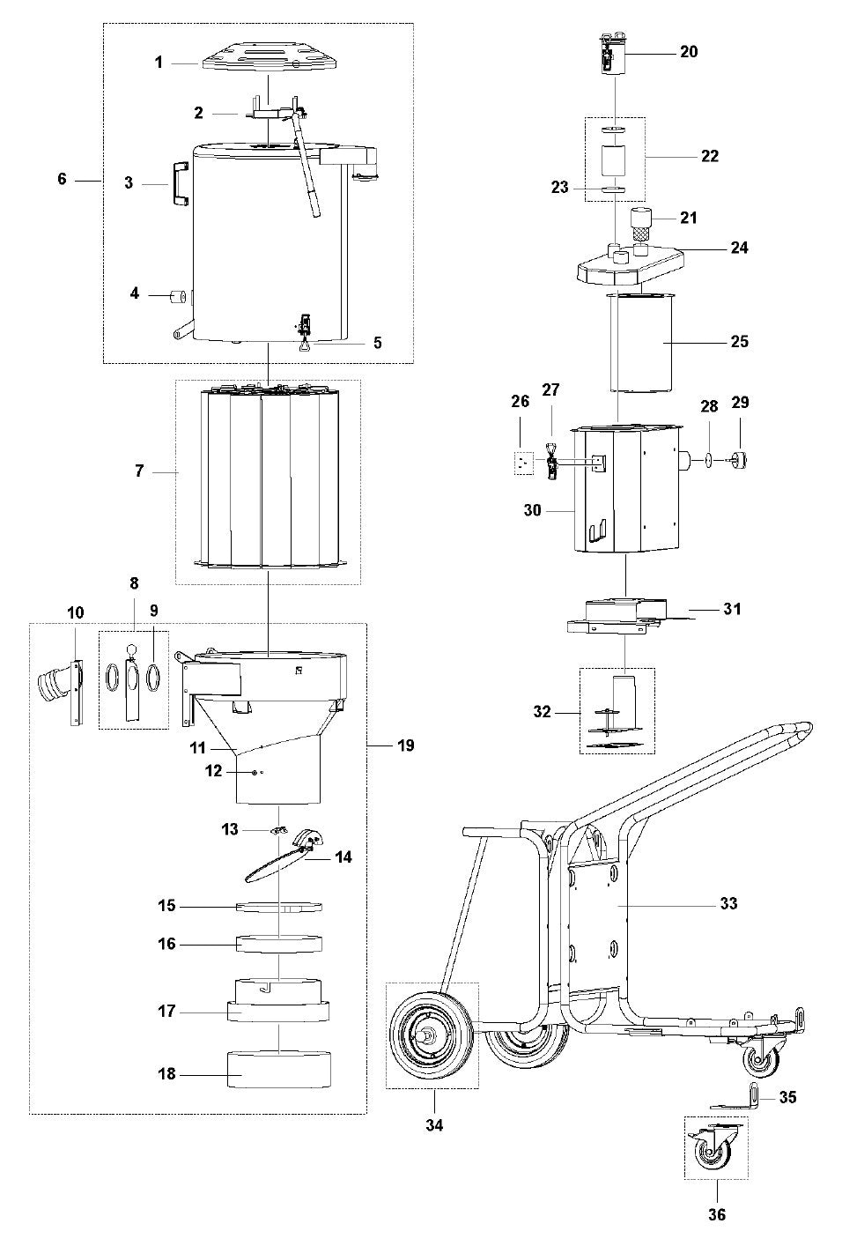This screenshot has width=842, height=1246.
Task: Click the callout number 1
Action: click(159, 63)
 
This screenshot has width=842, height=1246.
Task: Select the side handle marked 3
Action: click(180, 184)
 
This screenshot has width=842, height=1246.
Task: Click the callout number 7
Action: click(139, 472)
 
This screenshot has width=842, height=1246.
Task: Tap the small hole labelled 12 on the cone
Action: click(255, 772)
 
